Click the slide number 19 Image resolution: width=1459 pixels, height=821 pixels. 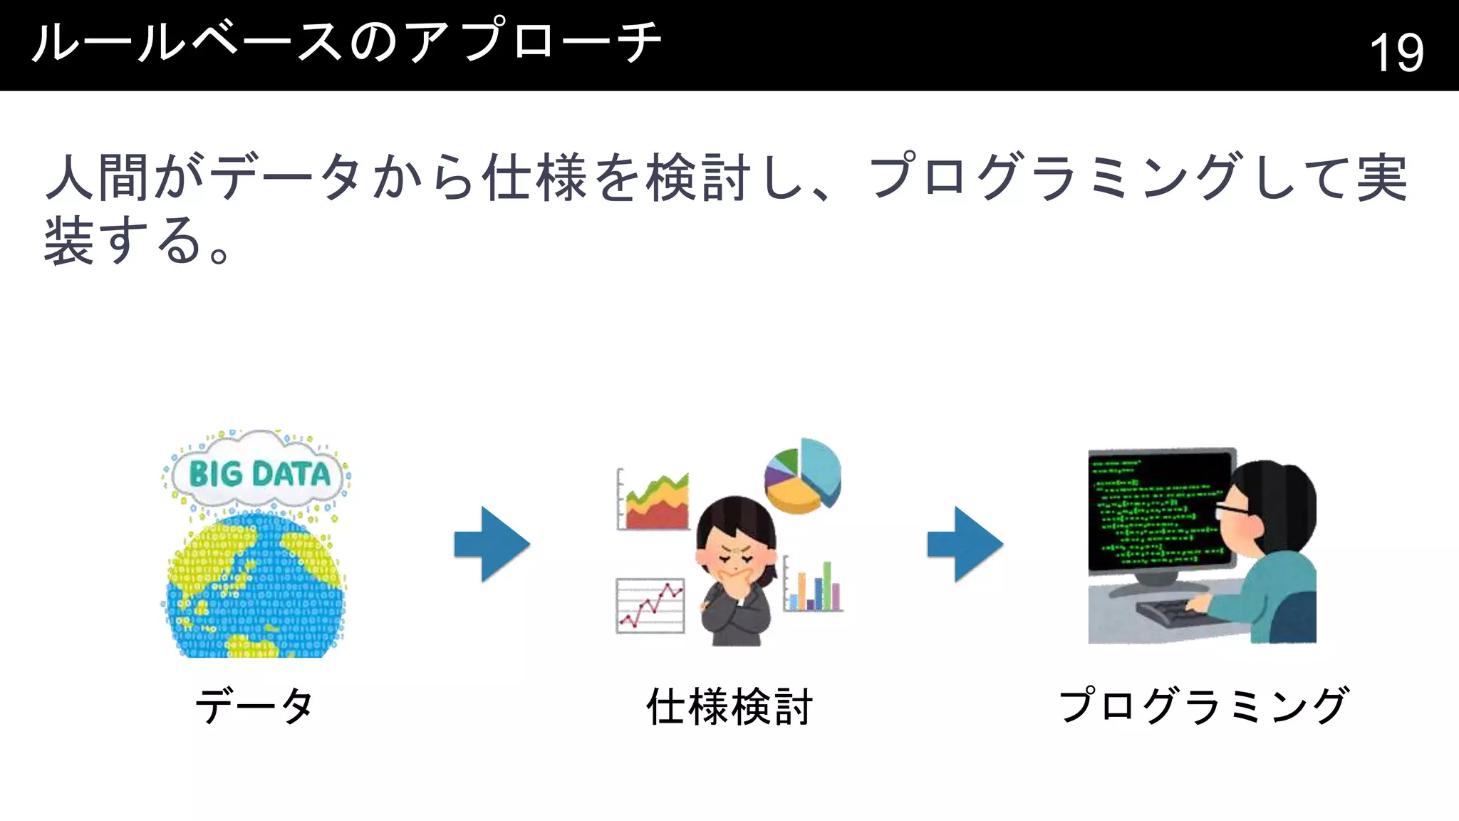(1396, 52)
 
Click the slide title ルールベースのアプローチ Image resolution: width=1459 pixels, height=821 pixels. (347, 43)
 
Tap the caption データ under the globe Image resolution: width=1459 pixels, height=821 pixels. (254, 706)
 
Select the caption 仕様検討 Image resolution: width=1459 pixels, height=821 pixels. (729, 706)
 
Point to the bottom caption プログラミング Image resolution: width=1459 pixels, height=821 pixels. (1203, 706)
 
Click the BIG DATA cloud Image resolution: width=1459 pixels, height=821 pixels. (258, 473)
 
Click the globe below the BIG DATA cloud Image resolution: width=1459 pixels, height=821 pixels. (254, 588)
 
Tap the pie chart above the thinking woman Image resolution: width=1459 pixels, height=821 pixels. (804, 477)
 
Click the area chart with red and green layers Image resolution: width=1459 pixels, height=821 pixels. (654, 501)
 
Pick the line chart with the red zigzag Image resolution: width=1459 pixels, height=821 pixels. (650, 605)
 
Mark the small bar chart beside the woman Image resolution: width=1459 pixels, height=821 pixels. (814, 586)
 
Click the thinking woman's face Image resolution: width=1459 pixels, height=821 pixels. (733, 557)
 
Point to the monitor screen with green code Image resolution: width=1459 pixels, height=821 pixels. (1160, 510)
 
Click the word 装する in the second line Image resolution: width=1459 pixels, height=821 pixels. (121, 242)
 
